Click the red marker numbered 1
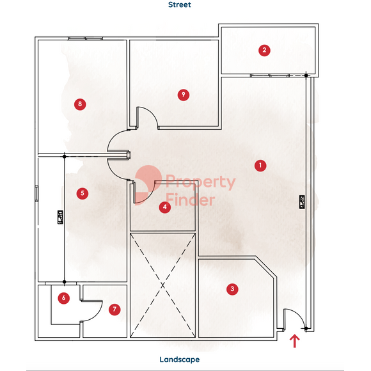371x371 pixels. point(260,166)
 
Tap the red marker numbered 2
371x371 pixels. point(264,50)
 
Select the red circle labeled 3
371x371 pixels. point(232,289)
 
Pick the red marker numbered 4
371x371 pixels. point(165,207)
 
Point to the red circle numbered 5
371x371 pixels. point(83,193)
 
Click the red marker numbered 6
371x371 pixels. point(64,298)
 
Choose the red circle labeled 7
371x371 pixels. point(114,309)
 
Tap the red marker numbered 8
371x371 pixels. point(80,104)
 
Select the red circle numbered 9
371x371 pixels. point(184,95)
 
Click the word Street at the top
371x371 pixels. point(179,4)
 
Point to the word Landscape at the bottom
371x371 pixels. point(180,359)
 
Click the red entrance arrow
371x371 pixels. point(295,341)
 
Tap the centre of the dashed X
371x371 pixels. point(162,285)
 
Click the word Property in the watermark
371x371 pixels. point(200,182)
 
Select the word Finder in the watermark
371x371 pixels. point(190,200)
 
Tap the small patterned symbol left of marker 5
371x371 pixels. point(60,217)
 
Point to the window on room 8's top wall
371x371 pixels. point(85,38)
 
